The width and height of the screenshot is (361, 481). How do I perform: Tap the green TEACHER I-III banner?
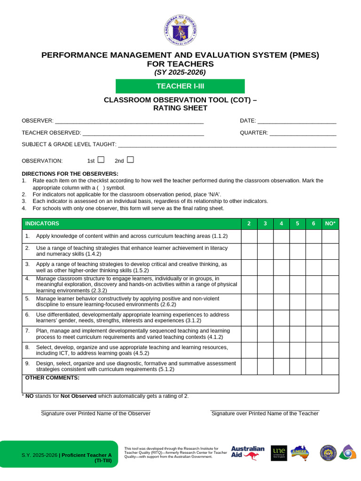pos(180,86)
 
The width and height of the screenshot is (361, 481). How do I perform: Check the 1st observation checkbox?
pos(101,160)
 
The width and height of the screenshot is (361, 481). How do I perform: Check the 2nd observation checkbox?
pos(130,160)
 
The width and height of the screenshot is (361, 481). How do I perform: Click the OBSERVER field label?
pos(38,121)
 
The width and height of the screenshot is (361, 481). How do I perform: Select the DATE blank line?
pos(297,121)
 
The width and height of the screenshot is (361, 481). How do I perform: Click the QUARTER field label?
pos(254,132)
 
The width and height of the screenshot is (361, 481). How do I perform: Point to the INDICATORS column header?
pos(42,224)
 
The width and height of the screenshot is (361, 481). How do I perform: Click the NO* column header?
pos(330,224)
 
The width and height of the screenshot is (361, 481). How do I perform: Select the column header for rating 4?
pos(281,224)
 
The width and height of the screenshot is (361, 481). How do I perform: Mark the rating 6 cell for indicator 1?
pos(314,236)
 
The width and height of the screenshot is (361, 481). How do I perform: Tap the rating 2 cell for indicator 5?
pos(249,302)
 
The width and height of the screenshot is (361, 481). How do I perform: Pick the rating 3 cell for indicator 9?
pos(265,366)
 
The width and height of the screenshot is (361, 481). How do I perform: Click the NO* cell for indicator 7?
pos(330,334)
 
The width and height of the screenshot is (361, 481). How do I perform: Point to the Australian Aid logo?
pos(248,453)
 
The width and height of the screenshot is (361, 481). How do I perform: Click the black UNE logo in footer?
pos(279,453)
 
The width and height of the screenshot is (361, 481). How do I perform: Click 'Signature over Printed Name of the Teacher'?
pos(265,413)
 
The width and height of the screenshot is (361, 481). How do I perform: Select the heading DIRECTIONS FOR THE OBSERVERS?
pos(70,174)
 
